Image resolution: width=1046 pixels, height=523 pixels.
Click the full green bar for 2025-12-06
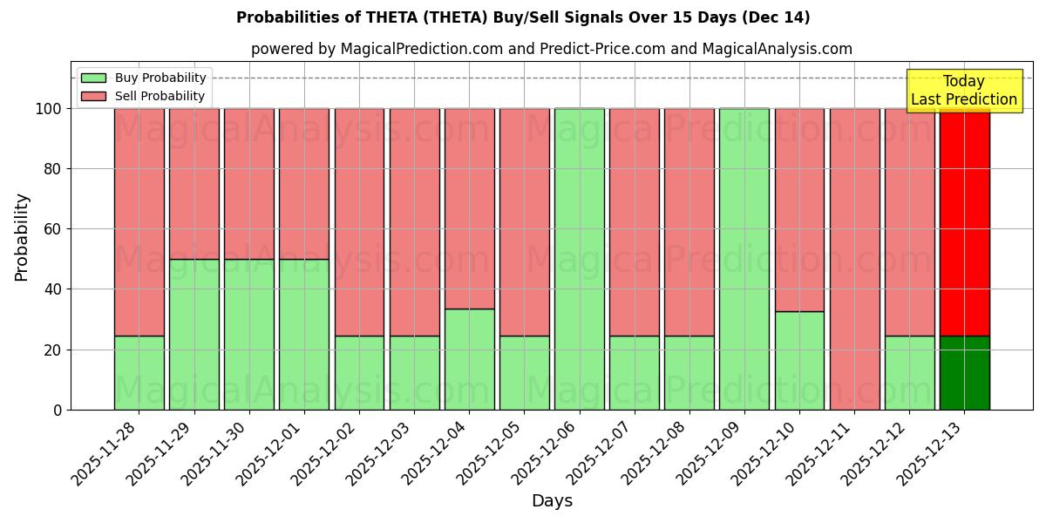(580, 259)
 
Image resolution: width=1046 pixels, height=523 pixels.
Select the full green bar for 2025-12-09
(744, 259)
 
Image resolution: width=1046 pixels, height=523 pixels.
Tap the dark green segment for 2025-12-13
(964, 373)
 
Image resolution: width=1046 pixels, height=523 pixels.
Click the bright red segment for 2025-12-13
(964, 222)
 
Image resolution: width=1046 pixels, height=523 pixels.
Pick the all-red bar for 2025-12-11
(854, 259)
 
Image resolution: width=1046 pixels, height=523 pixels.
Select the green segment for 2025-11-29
(194, 334)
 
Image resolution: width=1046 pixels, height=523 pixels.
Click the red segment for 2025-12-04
(470, 209)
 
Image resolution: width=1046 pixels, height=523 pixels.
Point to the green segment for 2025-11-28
(139, 373)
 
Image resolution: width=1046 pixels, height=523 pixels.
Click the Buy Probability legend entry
(144, 78)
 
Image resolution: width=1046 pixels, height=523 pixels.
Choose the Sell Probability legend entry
(144, 96)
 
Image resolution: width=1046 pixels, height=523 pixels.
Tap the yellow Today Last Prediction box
(963, 91)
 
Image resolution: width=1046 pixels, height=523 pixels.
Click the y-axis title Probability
(23, 237)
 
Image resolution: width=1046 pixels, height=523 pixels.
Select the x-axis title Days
(552, 501)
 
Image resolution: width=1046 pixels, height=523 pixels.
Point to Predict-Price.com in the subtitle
(601, 50)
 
